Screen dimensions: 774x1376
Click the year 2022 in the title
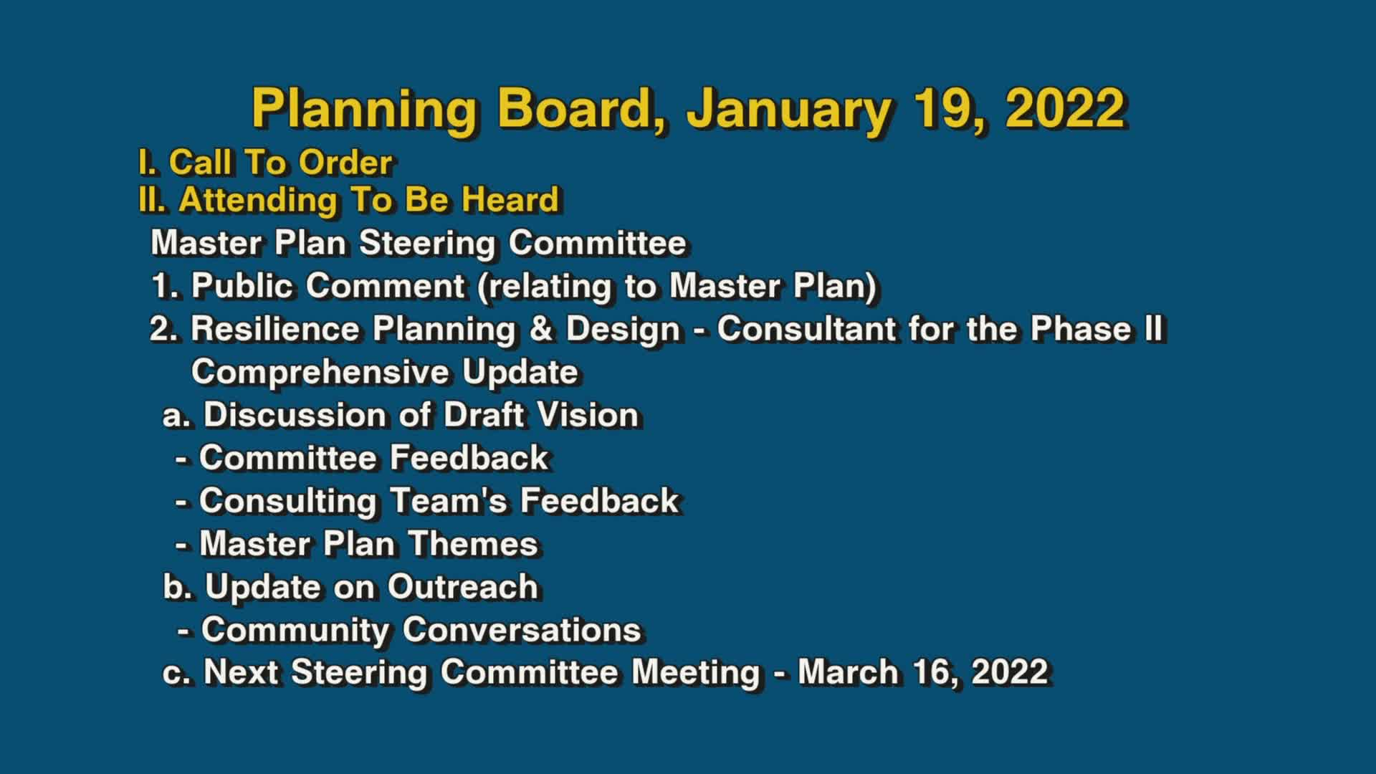(1064, 109)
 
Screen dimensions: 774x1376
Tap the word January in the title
(789, 109)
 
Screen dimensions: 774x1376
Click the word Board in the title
(581, 109)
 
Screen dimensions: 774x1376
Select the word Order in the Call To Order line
(345, 163)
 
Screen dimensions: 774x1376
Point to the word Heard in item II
(510, 199)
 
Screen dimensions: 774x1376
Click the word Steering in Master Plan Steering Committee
(427, 243)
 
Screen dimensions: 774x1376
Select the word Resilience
(275, 329)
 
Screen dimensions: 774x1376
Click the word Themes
(473, 544)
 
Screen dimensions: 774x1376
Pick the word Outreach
(463, 587)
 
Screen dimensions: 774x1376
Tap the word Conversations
(522, 630)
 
